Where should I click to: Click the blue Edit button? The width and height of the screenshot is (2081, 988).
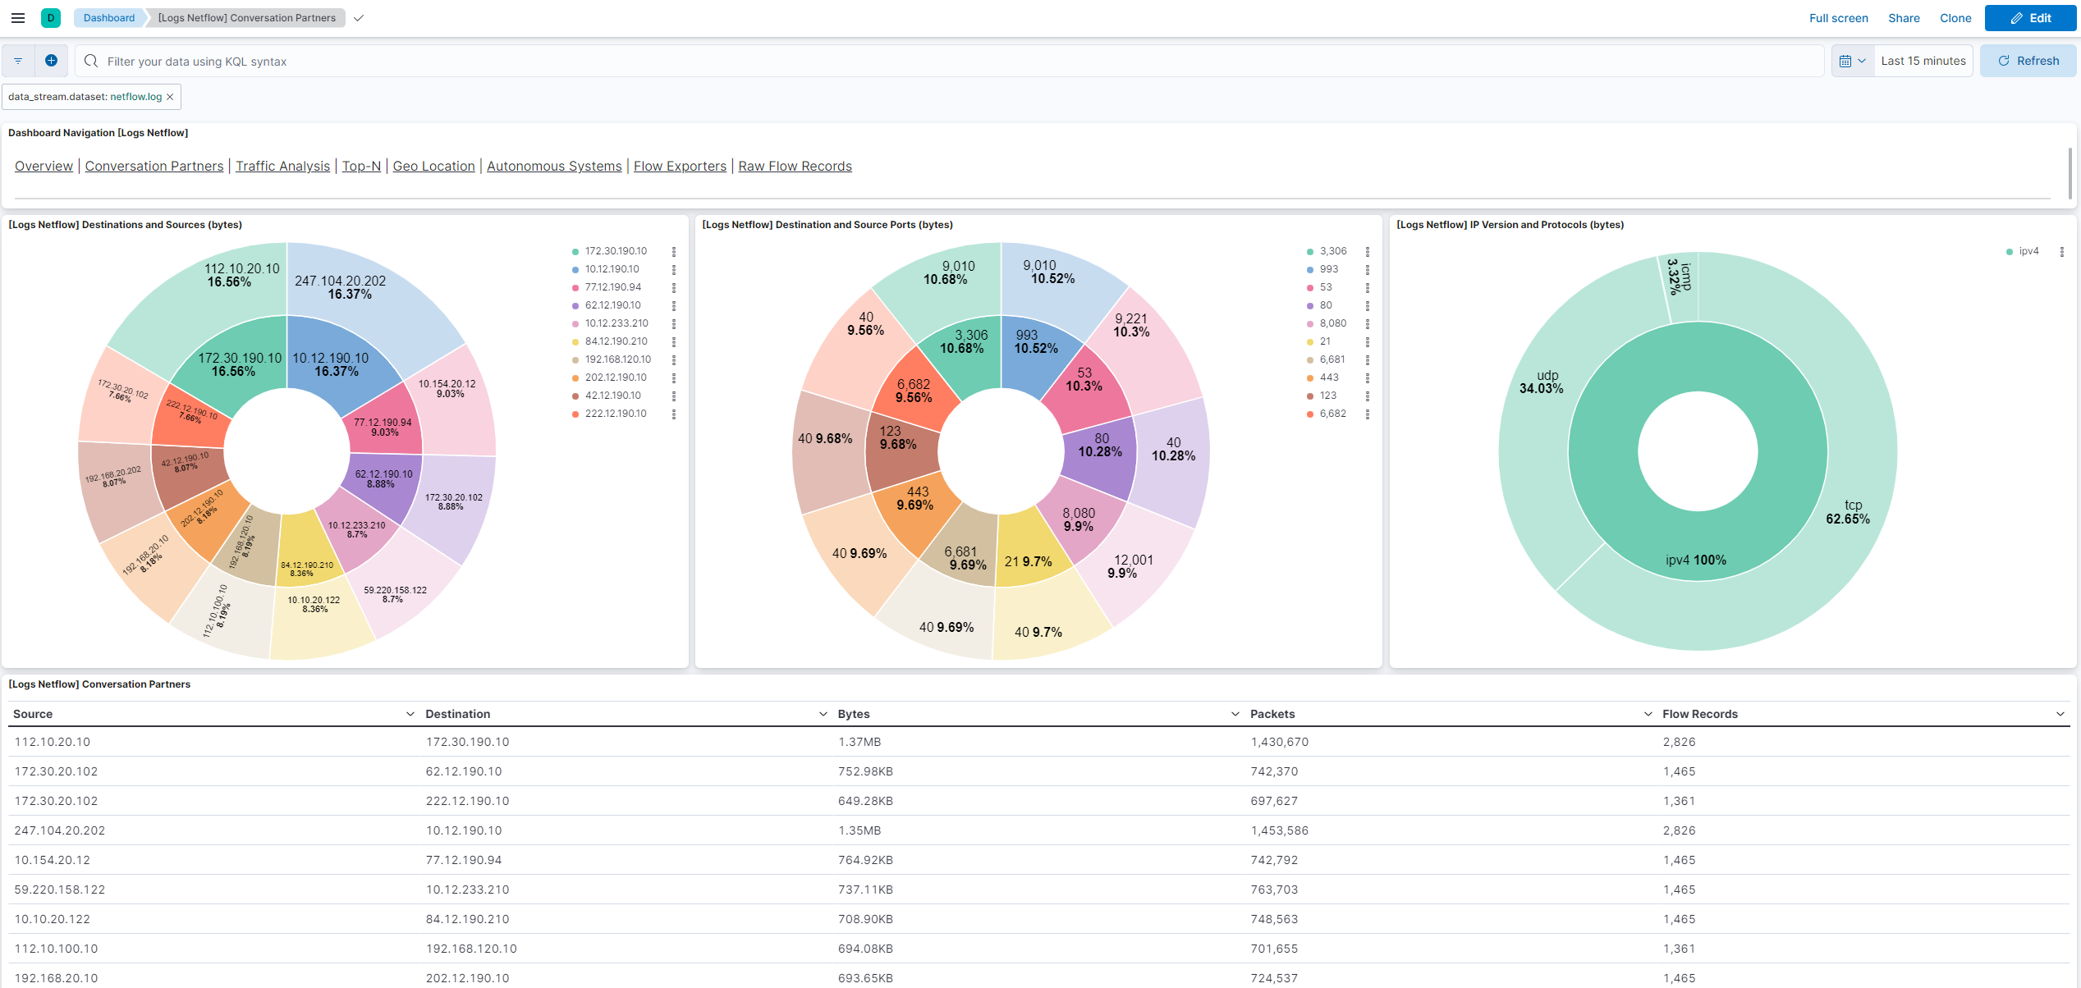pyautogui.click(x=2029, y=18)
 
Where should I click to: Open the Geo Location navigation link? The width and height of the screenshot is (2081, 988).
pyautogui.click(x=433, y=166)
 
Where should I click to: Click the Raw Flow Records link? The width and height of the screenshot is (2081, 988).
pyautogui.click(x=795, y=166)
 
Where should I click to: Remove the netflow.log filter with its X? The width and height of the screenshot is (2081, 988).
pyautogui.click(x=170, y=97)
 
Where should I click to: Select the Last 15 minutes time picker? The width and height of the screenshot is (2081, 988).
pyautogui.click(x=1923, y=61)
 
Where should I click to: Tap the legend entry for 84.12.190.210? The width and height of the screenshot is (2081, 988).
pyautogui.click(x=616, y=341)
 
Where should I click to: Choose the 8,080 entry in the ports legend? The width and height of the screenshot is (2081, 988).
pyautogui.click(x=1332, y=323)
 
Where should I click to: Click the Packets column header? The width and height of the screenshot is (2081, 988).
pyautogui.click(x=1272, y=714)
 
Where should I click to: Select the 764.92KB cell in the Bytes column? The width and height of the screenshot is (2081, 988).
pyautogui.click(x=865, y=860)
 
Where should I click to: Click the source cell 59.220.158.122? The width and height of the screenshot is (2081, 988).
pyautogui.click(x=60, y=890)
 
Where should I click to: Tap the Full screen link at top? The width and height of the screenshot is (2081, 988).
pyautogui.click(x=1838, y=18)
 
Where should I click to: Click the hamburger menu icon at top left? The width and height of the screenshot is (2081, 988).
pyautogui.click(x=18, y=18)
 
